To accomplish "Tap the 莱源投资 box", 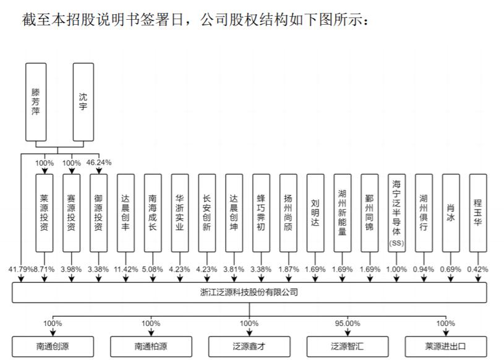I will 45,213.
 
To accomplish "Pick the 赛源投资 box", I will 72,213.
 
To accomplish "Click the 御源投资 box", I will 99,213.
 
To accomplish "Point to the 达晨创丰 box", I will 126,213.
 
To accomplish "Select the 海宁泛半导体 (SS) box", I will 396,213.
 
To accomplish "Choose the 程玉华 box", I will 477,213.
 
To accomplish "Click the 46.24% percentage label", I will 100,163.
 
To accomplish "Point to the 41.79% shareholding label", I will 20,270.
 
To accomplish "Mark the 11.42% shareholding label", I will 126,270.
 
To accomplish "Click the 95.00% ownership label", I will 347,324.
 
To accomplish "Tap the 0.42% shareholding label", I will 478,270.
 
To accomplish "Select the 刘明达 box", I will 315,213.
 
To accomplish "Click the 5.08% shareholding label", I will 153,270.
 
